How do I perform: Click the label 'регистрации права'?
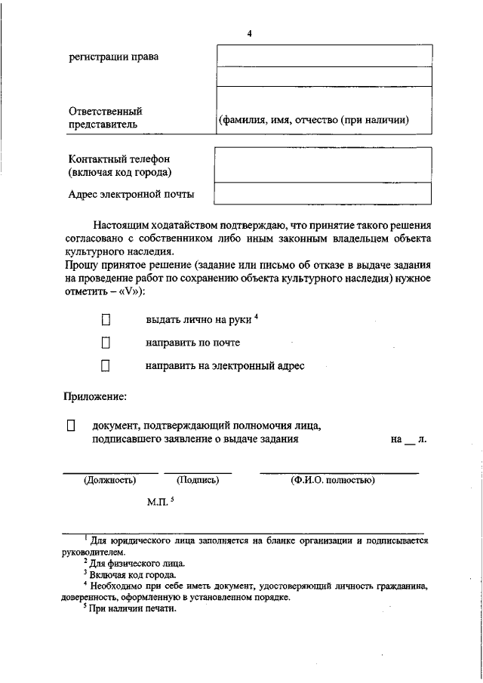[114, 57]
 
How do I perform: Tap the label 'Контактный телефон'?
[119, 159]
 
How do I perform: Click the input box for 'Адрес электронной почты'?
[323, 194]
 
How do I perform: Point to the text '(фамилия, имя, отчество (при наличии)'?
[313, 120]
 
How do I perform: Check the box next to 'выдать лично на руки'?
[106, 320]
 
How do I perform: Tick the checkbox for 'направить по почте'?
[106, 343]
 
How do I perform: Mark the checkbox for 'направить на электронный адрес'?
[106, 366]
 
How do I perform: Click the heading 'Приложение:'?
[94, 396]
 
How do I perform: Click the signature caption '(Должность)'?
[110, 480]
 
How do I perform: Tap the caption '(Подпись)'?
[197, 480]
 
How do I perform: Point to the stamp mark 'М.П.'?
[159, 501]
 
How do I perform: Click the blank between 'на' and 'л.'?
[410, 440]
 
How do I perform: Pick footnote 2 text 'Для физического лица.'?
[137, 563]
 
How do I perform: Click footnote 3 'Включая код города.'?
[133, 574]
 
